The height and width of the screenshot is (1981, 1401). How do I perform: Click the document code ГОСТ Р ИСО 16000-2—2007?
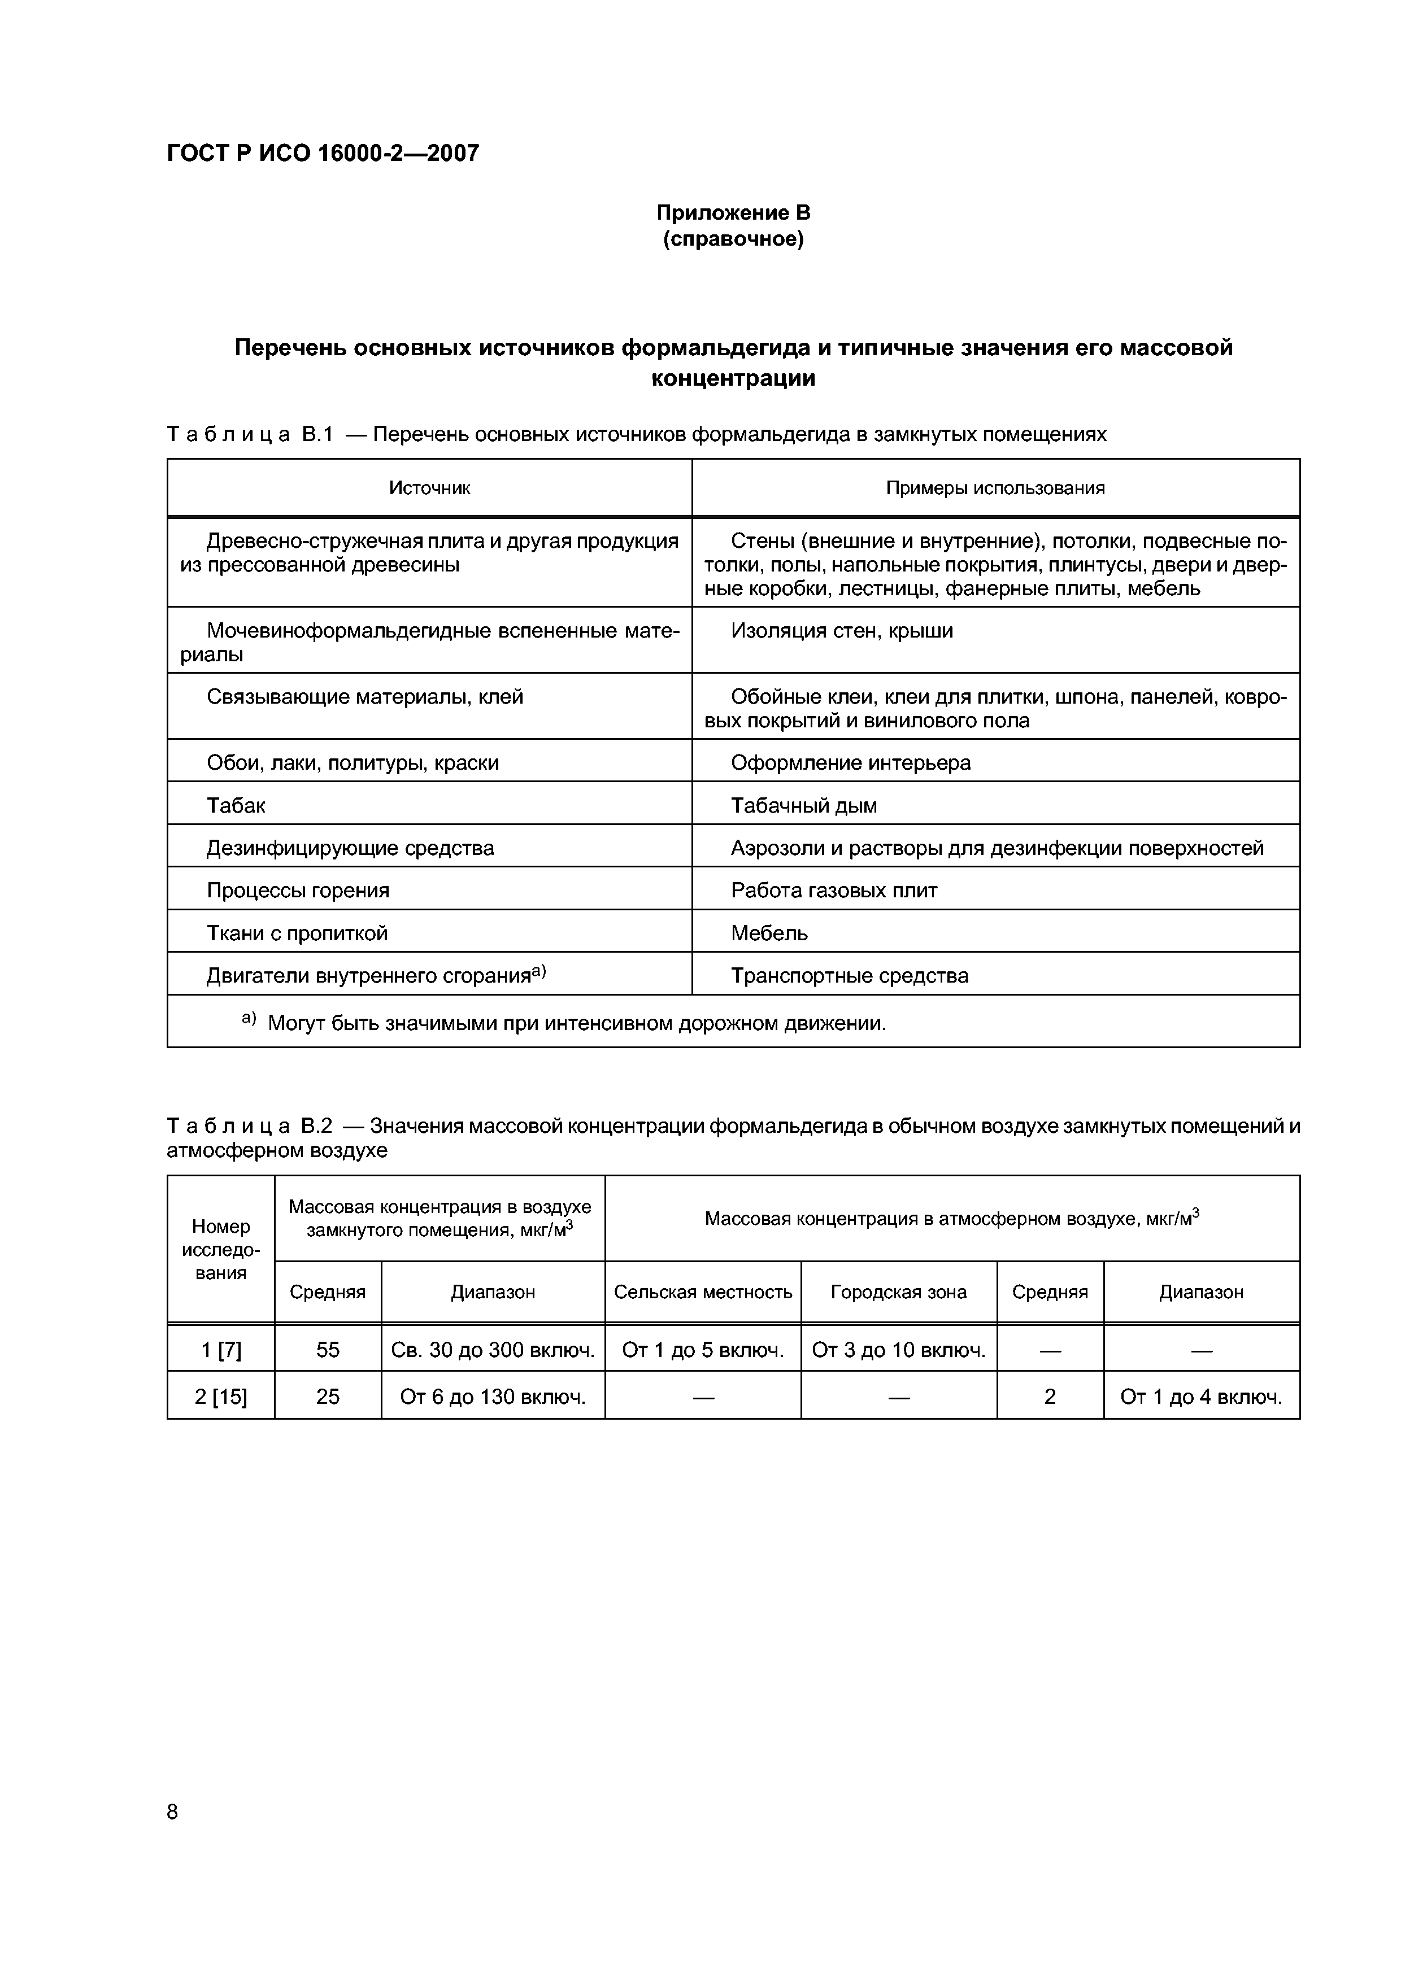[322, 154]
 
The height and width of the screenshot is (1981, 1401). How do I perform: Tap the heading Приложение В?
[733, 212]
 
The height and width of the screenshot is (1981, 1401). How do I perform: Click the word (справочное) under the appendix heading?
[733, 239]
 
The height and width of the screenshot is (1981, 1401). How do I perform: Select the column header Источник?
[429, 488]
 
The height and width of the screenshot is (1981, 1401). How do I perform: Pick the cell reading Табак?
[236, 805]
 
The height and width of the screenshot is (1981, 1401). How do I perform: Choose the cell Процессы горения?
[298, 891]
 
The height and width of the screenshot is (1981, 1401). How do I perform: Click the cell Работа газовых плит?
[833, 891]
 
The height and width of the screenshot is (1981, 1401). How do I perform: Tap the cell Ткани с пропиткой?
[297, 933]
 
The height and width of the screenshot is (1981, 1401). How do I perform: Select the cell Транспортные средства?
[850, 976]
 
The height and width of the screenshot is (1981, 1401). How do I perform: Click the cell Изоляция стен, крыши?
[842, 631]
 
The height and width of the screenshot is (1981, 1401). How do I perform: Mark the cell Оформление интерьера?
[850, 763]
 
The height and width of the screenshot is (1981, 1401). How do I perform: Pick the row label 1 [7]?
[221, 1350]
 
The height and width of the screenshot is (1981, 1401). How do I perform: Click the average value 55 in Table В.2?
[328, 1350]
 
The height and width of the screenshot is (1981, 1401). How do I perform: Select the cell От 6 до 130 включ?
[493, 1397]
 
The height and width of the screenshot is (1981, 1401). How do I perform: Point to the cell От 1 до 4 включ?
[1200, 1397]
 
